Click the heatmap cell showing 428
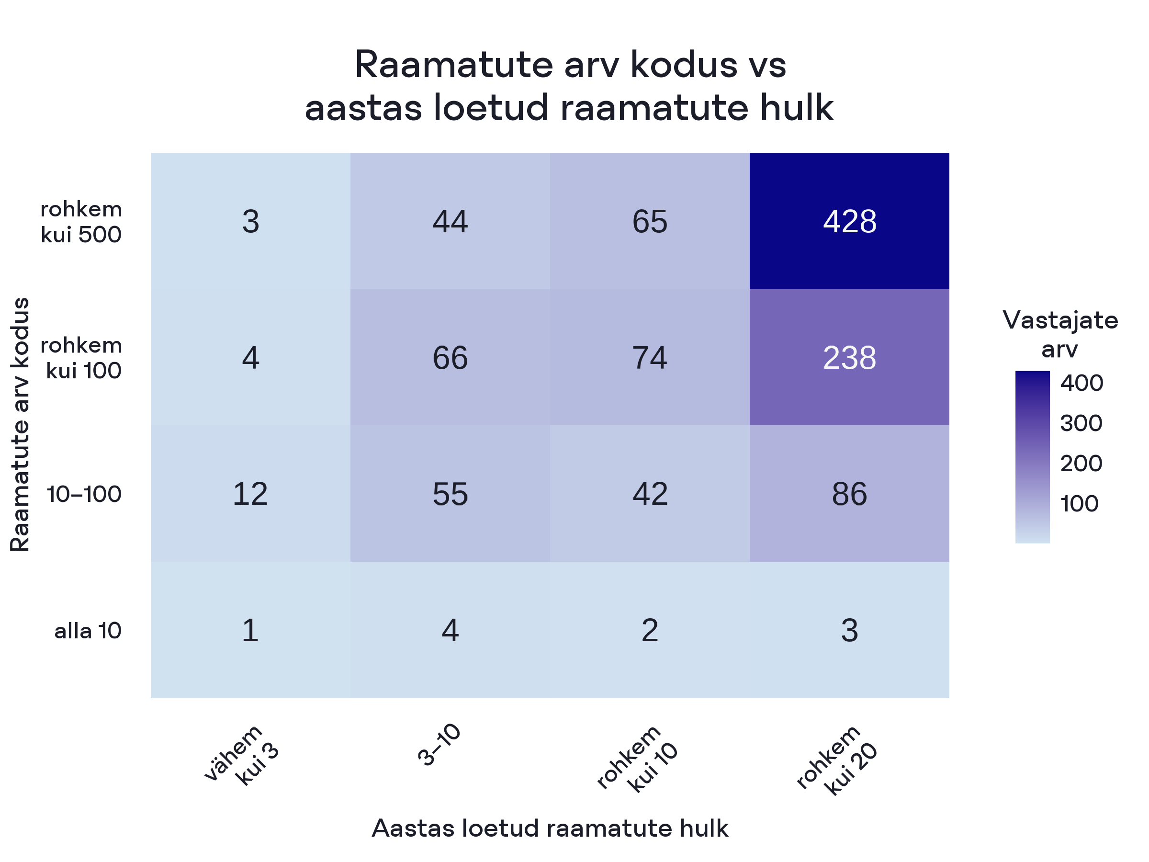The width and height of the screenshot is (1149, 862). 849,221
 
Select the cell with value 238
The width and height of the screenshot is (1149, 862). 849,357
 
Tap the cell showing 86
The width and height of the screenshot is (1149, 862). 849,494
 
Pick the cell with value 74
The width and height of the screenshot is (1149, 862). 649,357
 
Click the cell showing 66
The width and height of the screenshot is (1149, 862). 450,357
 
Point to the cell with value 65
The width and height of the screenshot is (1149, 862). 649,221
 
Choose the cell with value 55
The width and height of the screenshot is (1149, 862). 450,494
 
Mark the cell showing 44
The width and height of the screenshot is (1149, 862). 450,221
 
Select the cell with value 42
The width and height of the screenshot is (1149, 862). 649,494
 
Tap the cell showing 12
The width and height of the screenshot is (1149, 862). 250,494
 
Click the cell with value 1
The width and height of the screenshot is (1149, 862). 250,630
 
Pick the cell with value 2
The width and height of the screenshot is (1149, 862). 649,630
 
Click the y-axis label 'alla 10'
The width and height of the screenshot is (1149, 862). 88,631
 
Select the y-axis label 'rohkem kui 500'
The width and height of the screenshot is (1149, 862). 81,222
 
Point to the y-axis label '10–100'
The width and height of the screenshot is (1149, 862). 84,494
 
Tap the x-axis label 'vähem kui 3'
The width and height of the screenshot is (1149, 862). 242,756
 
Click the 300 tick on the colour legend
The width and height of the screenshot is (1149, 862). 1081,423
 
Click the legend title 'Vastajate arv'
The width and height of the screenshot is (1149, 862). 1060,334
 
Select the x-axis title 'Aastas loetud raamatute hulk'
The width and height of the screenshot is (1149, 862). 550,828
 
